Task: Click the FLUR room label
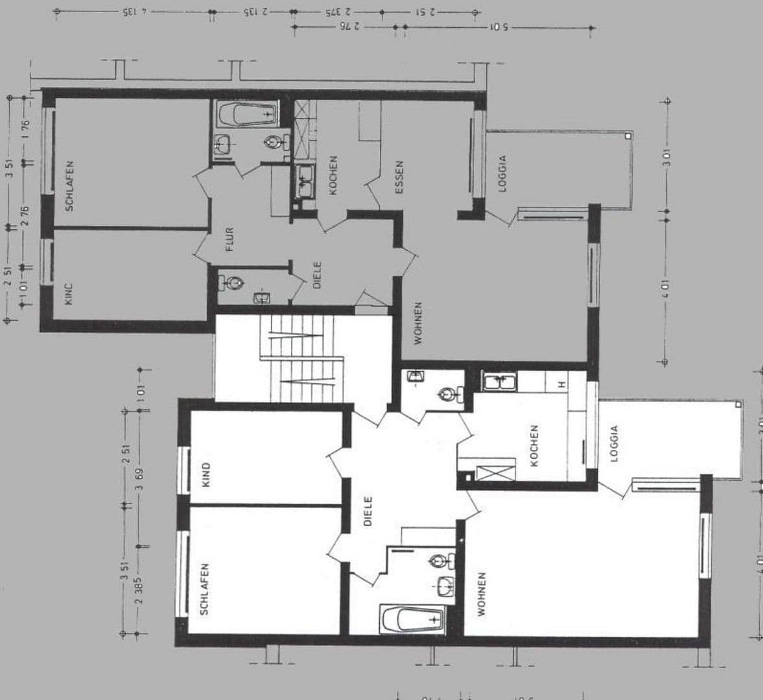[229, 239]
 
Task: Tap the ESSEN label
[399, 177]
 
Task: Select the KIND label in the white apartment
[205, 474]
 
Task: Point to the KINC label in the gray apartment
[69, 294]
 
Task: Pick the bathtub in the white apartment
[412, 620]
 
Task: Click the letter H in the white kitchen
[562, 384]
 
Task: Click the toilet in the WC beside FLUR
[233, 283]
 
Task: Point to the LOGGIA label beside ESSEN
[501, 174]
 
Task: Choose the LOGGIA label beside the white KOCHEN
[614, 443]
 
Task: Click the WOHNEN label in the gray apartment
[418, 322]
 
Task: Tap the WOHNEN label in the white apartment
[480, 593]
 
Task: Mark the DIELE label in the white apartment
[368, 511]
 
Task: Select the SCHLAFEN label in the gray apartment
[69, 186]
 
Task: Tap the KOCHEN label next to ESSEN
[333, 175]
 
